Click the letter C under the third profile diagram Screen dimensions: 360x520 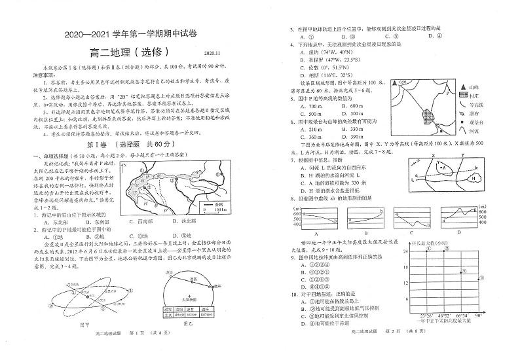click(x=409, y=232)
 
